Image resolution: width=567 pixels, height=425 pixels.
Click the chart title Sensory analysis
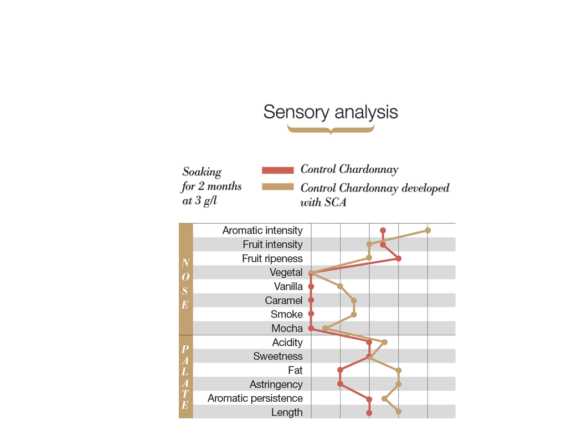(331, 112)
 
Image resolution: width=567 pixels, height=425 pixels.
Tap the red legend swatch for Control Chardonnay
(277, 170)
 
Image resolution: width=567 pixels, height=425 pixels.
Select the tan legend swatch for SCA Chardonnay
(277, 187)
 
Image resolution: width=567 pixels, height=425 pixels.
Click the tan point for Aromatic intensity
(427, 230)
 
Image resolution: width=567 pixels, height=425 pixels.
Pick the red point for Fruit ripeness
(398, 258)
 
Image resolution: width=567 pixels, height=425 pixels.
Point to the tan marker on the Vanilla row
(341, 286)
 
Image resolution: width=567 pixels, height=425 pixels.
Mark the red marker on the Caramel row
(311, 300)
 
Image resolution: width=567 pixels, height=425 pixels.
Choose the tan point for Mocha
(326, 328)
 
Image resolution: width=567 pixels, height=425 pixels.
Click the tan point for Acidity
(384, 342)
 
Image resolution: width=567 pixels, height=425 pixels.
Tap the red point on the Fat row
(341, 370)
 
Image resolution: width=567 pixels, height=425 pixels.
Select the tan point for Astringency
(398, 384)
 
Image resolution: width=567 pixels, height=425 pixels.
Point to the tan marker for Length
(398, 412)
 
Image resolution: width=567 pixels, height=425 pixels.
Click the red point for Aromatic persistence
(369, 398)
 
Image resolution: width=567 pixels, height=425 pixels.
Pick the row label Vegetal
(286, 272)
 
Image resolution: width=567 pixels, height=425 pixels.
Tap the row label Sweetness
(278, 356)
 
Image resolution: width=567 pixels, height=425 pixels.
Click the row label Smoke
(287, 314)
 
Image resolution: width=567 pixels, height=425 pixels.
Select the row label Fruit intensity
(272, 244)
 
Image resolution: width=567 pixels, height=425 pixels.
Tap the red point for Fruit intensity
(383, 244)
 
